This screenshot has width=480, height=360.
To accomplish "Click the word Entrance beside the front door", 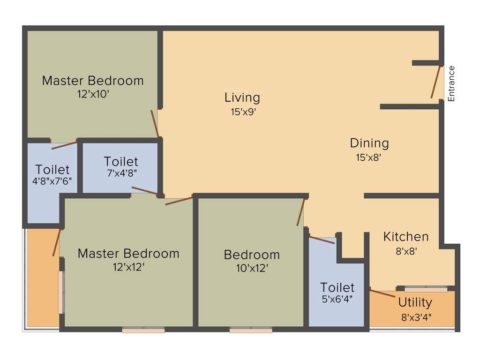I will (451, 83).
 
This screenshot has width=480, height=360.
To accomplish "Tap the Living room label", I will (242, 97).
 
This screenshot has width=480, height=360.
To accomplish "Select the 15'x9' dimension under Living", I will (242, 112).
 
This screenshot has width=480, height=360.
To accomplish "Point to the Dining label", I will (369, 143).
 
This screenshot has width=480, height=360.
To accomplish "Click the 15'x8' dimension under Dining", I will (368, 157).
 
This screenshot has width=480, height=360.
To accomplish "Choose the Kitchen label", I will (406, 237).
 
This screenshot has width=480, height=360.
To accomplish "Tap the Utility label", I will (415, 302).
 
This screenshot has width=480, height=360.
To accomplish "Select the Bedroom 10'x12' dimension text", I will (252, 269).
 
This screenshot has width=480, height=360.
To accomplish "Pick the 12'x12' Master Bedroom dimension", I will (128, 267).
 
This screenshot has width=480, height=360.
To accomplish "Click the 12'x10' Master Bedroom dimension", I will (93, 94).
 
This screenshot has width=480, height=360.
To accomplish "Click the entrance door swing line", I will (436, 82).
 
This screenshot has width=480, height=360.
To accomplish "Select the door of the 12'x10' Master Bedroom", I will (155, 123).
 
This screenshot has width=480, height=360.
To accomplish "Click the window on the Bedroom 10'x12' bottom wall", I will (251, 330).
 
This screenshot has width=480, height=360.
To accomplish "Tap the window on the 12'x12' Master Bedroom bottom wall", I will (143, 330).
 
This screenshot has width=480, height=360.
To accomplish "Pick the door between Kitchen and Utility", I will (382, 294).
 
